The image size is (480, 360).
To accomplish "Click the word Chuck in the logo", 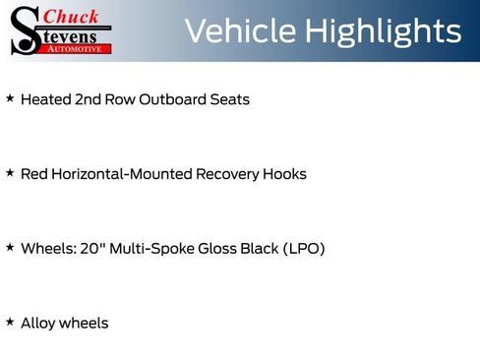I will pos(73,16).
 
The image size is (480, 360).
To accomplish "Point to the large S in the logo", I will pos(26,30).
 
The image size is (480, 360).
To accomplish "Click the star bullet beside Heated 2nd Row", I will pos(10,98).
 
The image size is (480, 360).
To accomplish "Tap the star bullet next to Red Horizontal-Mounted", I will pos(10,173).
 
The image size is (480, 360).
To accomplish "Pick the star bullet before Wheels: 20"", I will pos(10,248).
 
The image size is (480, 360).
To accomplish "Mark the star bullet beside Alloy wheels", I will pos(10,322).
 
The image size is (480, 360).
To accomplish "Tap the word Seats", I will pos(230,99).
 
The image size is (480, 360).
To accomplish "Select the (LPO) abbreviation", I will pos(304,249).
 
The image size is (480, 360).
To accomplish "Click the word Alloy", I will pos(38,323).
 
